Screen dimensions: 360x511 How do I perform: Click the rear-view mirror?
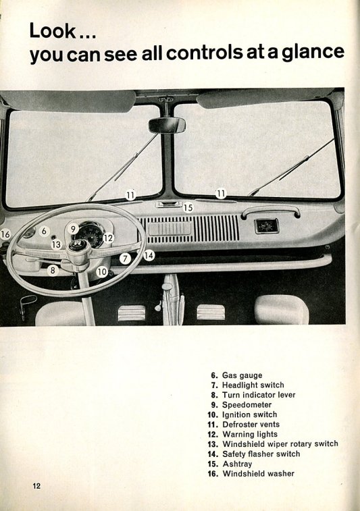167,125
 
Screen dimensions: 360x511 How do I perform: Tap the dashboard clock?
266,226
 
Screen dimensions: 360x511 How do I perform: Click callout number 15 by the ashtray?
188,208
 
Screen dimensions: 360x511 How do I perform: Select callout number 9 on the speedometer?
73,229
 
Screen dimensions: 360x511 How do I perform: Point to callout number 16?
5,234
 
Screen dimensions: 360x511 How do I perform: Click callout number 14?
149,255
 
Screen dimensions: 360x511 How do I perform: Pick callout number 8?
53,270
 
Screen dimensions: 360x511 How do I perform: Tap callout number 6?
44,231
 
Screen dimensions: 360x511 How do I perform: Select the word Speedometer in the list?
247,405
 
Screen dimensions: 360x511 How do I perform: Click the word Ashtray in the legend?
237,464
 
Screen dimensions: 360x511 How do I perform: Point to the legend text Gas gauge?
242,375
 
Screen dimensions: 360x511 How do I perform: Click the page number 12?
36,486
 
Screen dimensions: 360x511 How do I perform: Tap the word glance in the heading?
313,53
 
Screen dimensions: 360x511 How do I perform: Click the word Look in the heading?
53,30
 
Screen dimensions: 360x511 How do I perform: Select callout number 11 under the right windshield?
221,194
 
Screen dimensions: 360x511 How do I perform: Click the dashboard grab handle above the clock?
271,211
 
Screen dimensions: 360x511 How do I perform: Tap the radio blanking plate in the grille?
170,228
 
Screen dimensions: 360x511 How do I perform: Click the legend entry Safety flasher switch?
261,454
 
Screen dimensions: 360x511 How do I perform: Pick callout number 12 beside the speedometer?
108,238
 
